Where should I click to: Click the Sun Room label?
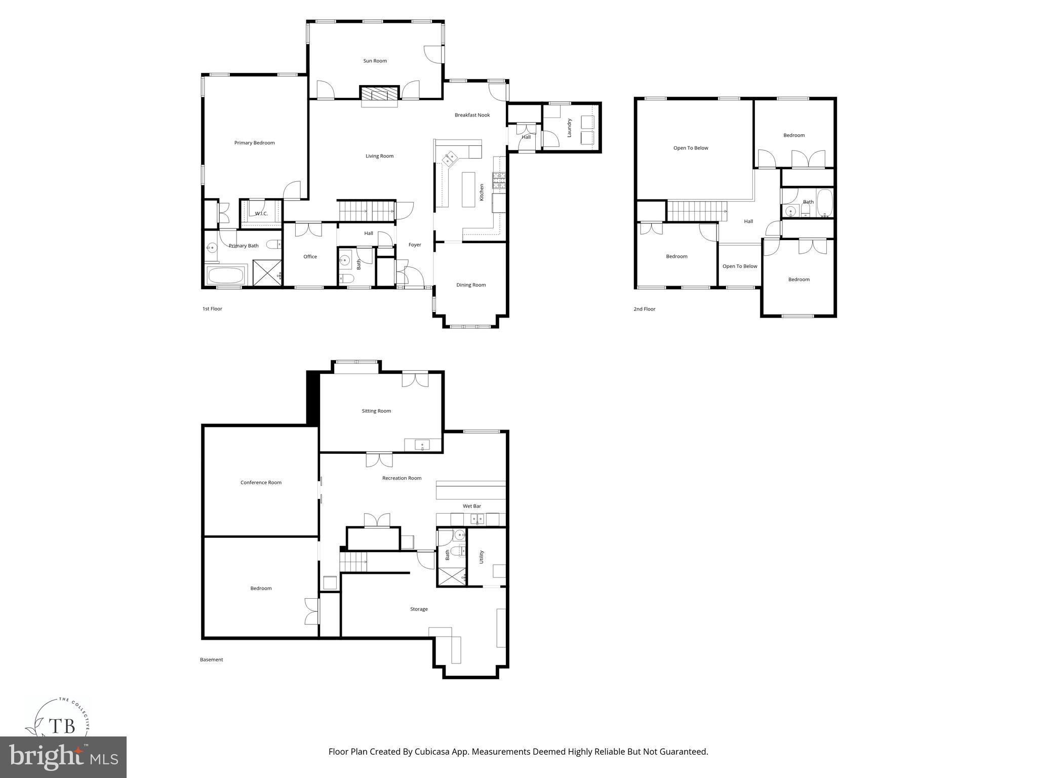375,61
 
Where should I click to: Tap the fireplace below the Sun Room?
379,94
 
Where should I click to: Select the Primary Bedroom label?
254,143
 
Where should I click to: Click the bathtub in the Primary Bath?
225,276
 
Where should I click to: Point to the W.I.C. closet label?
261,213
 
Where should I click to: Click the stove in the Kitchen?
499,180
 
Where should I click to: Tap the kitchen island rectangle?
468,189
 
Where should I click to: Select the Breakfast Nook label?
472,115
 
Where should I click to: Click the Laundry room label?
569,128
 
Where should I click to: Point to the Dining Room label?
471,285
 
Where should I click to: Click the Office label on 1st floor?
310,256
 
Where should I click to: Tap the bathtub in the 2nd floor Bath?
824,202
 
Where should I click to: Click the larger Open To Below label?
691,148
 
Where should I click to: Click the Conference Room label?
261,482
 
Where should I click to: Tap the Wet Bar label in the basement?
471,506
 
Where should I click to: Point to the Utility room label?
482,557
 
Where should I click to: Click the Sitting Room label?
376,411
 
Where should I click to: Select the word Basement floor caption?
211,659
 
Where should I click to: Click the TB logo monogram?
62,726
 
